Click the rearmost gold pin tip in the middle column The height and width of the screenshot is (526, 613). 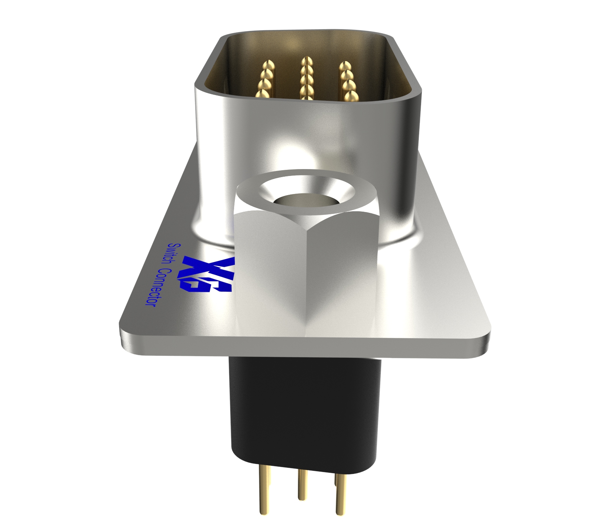pos(306,61)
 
